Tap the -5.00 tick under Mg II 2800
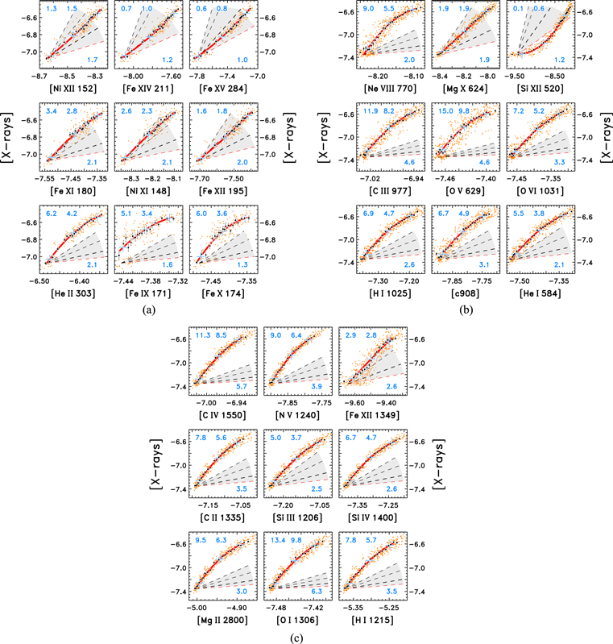point(197,603)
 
